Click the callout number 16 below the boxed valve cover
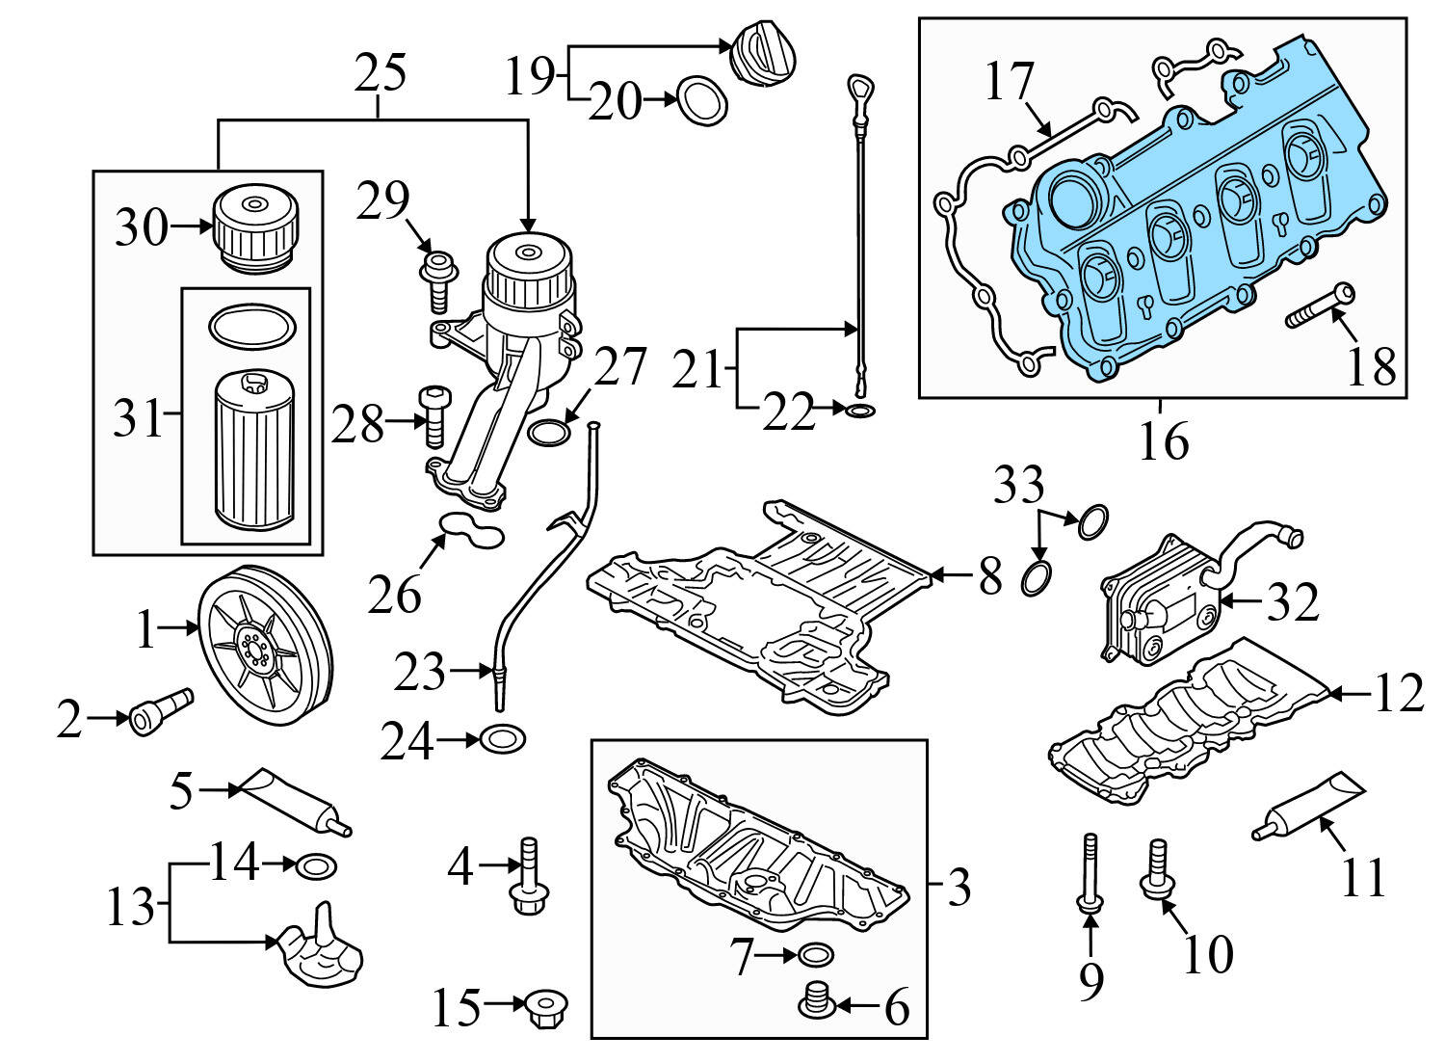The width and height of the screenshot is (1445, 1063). point(1163,441)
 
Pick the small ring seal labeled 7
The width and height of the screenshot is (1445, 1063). point(815,955)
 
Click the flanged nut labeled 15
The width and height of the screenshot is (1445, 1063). point(546,1008)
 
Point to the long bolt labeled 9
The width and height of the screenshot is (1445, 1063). point(1090,873)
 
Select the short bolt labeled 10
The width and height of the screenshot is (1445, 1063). point(1154,868)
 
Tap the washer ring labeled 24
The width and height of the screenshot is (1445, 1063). point(503,740)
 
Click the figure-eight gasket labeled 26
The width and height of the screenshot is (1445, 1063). point(471,529)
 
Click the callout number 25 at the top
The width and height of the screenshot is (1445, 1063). point(380,73)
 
